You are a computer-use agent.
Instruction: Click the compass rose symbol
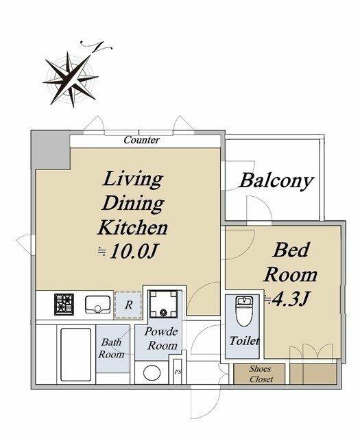(x=72, y=76)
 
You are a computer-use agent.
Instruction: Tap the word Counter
(x=142, y=140)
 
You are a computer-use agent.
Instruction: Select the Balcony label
(x=276, y=181)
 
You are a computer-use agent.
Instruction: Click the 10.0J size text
(x=133, y=251)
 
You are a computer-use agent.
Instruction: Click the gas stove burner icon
(x=64, y=305)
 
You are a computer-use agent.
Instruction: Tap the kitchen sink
(x=97, y=305)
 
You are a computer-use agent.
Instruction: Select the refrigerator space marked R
(x=128, y=305)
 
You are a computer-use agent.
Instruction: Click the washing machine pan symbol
(x=163, y=304)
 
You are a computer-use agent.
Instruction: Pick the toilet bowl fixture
(x=244, y=311)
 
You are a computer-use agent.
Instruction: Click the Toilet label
(x=244, y=341)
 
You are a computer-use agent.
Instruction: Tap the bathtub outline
(x=76, y=355)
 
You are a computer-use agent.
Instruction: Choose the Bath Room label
(x=111, y=348)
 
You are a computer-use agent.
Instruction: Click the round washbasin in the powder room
(x=152, y=372)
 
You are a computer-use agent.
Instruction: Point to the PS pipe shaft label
(x=178, y=372)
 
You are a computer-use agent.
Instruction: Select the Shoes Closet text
(x=261, y=374)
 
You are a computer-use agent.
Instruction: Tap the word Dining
(x=133, y=203)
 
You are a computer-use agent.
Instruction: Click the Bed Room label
(x=290, y=262)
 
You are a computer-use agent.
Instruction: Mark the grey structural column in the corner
(x=50, y=150)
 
